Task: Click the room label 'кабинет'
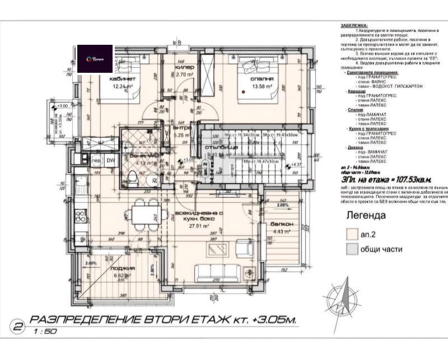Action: (x=123, y=79)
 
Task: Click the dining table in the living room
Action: (x=142, y=212)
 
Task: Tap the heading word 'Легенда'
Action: (x=366, y=215)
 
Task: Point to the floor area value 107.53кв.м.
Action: (x=407, y=180)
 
